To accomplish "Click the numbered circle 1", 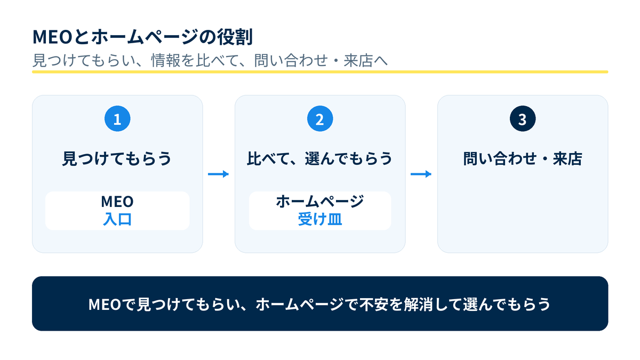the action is click(117, 118).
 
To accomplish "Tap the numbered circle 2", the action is click(320, 118).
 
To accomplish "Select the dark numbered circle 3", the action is click(523, 118).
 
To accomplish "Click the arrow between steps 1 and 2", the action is click(218, 174).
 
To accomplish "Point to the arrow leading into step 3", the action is click(421, 174).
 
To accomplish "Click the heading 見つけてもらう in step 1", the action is click(117, 158).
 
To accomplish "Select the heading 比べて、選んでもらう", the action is click(320, 158).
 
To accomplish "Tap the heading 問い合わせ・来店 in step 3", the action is click(523, 158).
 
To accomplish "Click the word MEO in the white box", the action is click(117, 202).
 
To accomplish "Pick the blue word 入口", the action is click(117, 219).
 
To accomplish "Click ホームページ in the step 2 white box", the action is click(320, 201).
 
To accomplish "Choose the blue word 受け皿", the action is click(320, 219).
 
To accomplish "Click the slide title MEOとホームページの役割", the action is click(143, 37).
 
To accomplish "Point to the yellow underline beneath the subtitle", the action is click(320, 71).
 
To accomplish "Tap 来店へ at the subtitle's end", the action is click(365, 60).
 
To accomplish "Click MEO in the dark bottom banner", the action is click(105, 305).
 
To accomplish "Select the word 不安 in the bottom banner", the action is click(374, 304).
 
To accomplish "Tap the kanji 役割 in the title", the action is click(235, 37).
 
